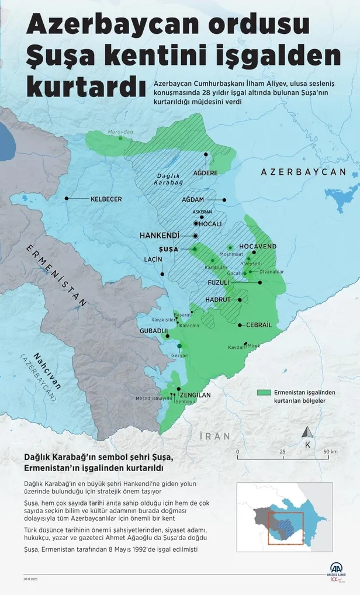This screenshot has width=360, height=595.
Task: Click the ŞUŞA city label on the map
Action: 168,249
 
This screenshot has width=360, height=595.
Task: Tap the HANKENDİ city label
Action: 159,235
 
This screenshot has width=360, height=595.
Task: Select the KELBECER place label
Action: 106,199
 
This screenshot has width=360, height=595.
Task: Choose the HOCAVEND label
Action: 258,247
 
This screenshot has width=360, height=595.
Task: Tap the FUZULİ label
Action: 219,283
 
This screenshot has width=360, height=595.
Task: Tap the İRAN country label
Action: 214,436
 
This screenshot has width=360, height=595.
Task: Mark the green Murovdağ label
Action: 120,132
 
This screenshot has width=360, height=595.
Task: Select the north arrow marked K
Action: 306,436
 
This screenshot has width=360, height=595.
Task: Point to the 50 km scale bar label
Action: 330,452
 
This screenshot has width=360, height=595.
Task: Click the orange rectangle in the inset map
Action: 286,528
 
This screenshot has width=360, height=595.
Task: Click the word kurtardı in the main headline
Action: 85,85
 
